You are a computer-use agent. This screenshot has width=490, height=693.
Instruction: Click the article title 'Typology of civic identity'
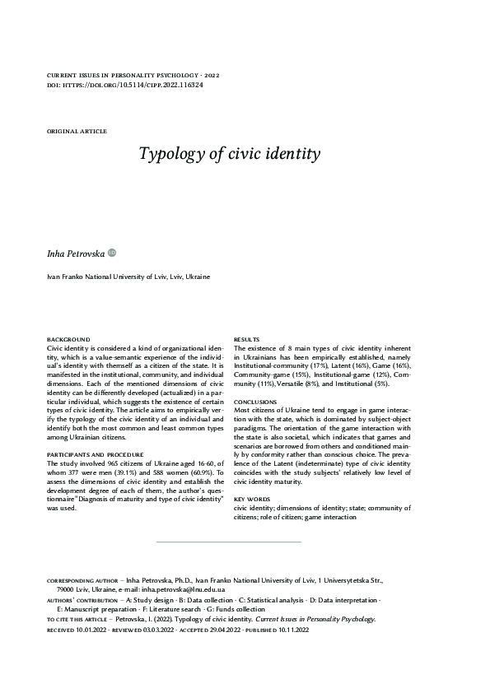pyautogui.click(x=217, y=154)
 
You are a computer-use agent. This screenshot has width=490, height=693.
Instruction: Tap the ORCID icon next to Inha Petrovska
pyautogui.click(x=113, y=254)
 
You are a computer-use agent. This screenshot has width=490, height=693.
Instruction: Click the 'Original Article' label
pyautogui.click(x=77, y=131)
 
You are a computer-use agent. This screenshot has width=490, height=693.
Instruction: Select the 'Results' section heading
pyautogui.click(x=247, y=340)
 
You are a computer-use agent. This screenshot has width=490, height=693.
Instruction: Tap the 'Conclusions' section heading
pyautogui.click(x=254, y=401)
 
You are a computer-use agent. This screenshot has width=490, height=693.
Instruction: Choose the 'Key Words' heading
pyautogui.click(x=251, y=500)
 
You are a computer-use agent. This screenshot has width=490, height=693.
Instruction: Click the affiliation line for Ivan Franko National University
pyautogui.click(x=128, y=277)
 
